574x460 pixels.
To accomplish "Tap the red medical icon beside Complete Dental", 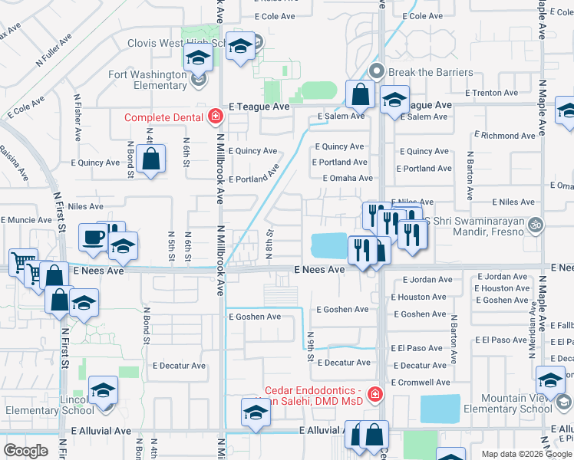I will (x=215, y=117).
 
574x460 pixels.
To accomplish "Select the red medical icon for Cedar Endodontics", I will (x=375, y=395).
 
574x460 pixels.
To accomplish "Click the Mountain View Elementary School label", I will (x=507, y=403).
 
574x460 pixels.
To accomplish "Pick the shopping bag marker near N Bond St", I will (x=152, y=159).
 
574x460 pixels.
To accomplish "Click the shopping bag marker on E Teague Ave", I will (x=360, y=95).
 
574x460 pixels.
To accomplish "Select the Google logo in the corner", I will (x=25, y=451).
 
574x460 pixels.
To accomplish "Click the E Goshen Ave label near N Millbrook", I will (x=255, y=317).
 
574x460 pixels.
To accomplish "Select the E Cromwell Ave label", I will (x=420, y=382).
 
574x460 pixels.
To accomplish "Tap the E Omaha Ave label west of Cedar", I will (x=348, y=178).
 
